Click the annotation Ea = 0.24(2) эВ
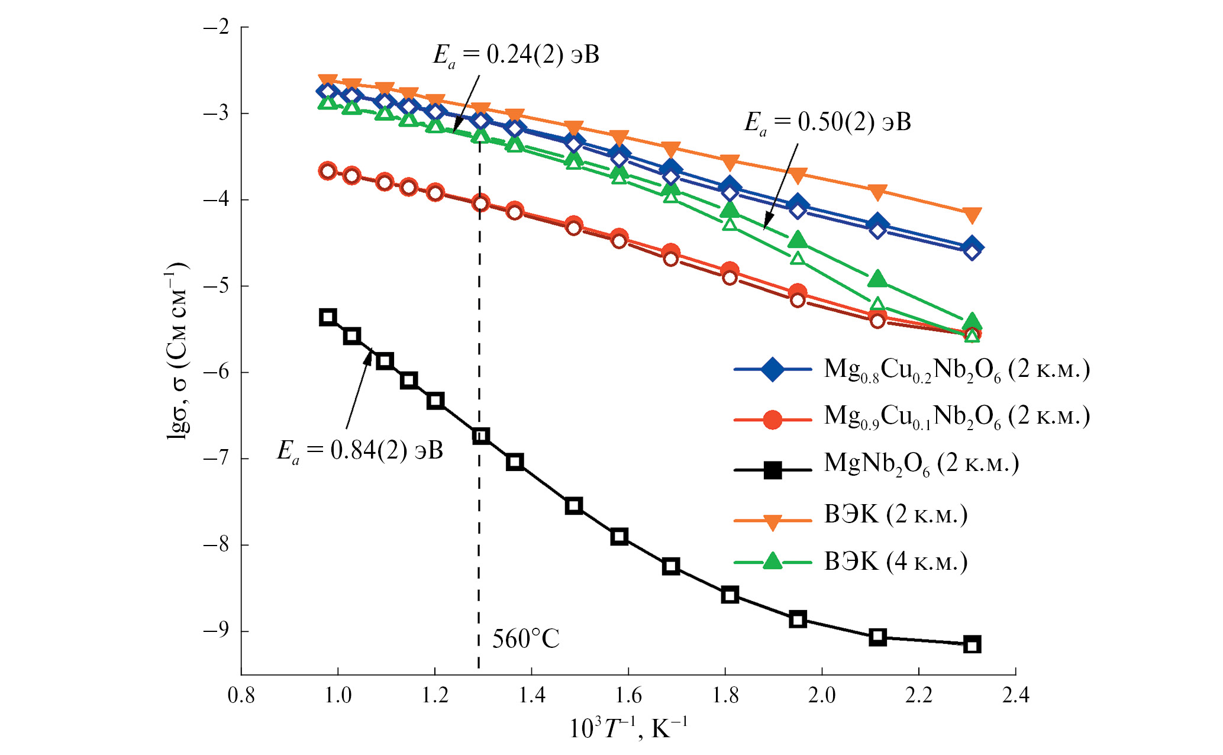[516, 56]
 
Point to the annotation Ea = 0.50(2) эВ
[827, 123]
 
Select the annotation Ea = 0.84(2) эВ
[360, 451]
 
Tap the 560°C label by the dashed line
[525, 640]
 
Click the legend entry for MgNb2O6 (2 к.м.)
[921, 464]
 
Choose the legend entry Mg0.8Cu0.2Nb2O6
[956, 370]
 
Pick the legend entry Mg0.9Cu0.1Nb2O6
[956, 417]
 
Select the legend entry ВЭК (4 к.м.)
[895, 562]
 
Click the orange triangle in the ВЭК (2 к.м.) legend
[772, 522]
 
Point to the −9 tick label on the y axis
[215, 631]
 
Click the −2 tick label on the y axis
[215, 27]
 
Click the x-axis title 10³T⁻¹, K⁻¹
[628, 728]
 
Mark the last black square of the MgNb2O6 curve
[972, 644]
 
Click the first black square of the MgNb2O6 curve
[328, 317]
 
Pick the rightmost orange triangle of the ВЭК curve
[972, 215]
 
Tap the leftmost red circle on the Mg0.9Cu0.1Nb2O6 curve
[328, 172]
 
